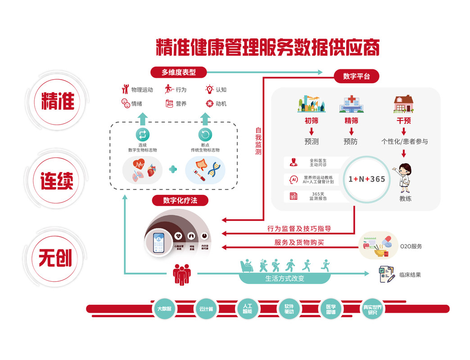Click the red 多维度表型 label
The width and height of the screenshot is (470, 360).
click(x=179, y=72)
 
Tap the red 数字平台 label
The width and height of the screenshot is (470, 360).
click(x=356, y=76)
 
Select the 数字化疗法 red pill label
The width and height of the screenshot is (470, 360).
click(x=180, y=200)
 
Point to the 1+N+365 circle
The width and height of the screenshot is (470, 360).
click(x=366, y=179)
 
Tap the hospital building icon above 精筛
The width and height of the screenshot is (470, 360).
click(x=352, y=104)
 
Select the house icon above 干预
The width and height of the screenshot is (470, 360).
click(x=404, y=104)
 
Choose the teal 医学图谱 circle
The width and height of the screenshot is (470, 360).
click(x=330, y=309)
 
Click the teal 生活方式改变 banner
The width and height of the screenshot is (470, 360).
click(x=285, y=278)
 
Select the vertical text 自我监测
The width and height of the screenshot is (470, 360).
click(x=258, y=141)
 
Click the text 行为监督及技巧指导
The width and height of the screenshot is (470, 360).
click(x=299, y=229)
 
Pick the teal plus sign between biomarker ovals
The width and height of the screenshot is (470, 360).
click(x=173, y=169)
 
